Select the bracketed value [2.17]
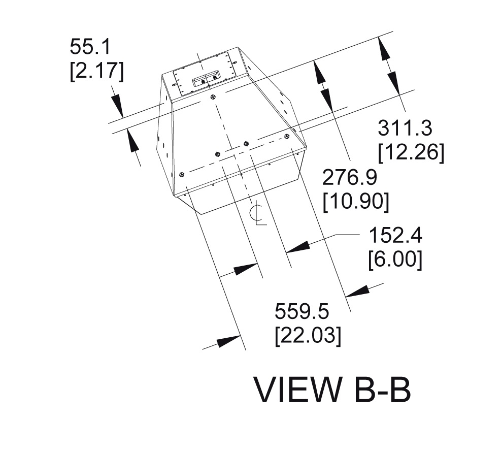click(x=96, y=72)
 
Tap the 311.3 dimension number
click(x=405, y=128)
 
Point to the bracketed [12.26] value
click(x=411, y=153)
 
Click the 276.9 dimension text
click(x=350, y=178)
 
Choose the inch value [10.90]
click(x=356, y=202)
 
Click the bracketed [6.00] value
click(x=395, y=260)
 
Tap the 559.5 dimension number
click(x=303, y=311)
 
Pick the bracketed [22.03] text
click(x=308, y=335)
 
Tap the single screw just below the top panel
click(x=212, y=97)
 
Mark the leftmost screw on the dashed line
click(x=182, y=174)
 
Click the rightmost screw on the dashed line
click(x=287, y=136)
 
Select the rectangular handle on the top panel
click(x=206, y=80)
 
